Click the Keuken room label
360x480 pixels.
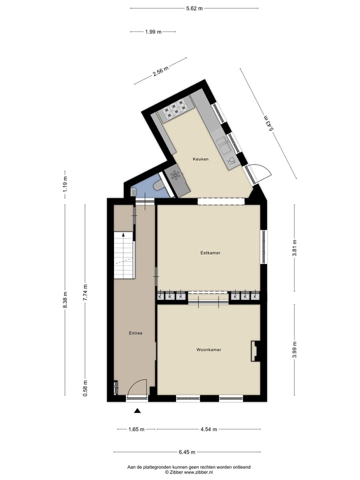point(201,159)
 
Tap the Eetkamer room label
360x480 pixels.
point(210,253)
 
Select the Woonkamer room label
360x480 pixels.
point(209,349)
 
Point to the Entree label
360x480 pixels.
point(135,333)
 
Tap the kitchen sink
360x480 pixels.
point(223,146)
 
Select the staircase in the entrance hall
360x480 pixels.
point(124,255)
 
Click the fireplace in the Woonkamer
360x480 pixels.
point(255,350)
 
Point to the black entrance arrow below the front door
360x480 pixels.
point(137,411)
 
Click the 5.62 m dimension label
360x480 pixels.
point(194,8)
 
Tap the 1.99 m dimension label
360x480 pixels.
point(153,32)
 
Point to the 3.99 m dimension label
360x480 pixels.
point(294,349)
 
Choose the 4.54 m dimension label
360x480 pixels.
point(208,429)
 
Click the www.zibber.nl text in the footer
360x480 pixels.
point(199,472)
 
